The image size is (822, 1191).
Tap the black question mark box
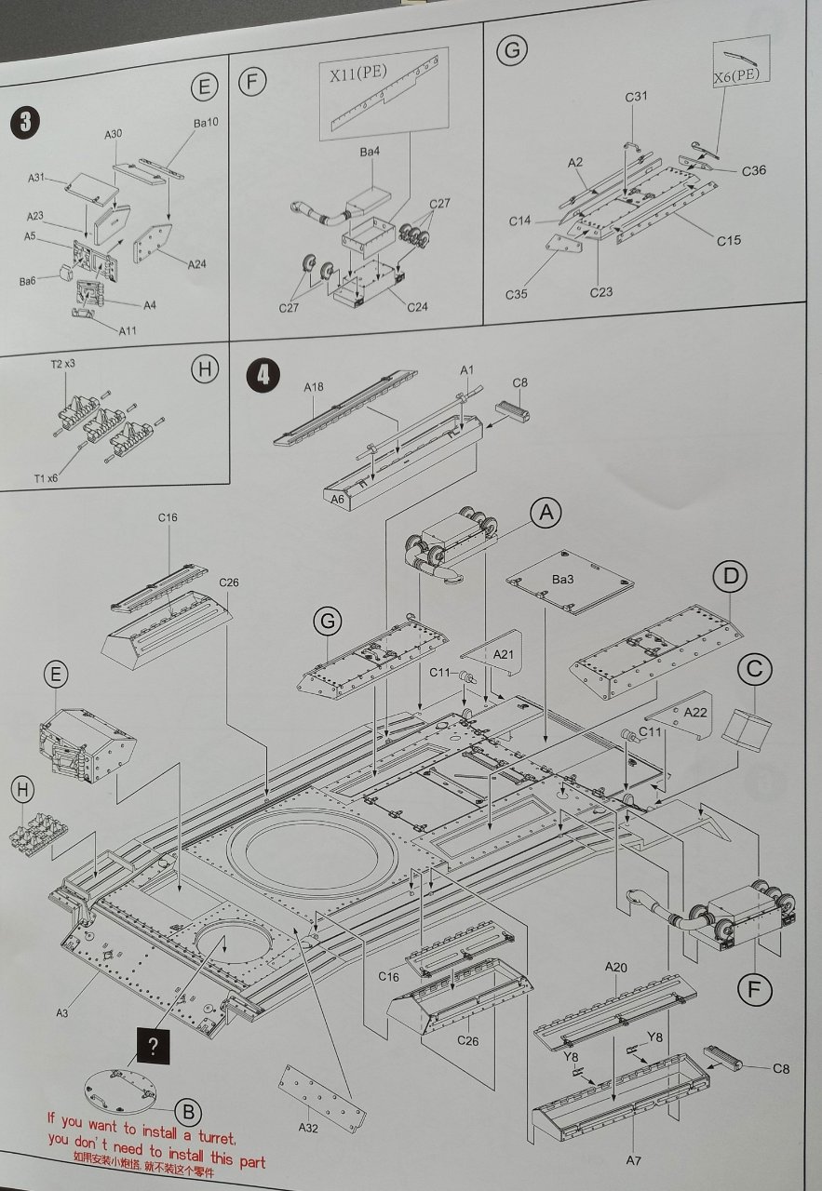click(154, 1046)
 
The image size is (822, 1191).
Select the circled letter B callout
click(188, 1111)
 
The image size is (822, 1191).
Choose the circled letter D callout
click(731, 577)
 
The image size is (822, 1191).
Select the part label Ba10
click(205, 123)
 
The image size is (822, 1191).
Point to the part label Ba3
click(563, 579)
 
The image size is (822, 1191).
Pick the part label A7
click(633, 1160)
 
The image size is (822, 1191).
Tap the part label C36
click(754, 170)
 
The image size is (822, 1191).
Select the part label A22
click(696, 711)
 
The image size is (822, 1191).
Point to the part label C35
click(518, 294)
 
